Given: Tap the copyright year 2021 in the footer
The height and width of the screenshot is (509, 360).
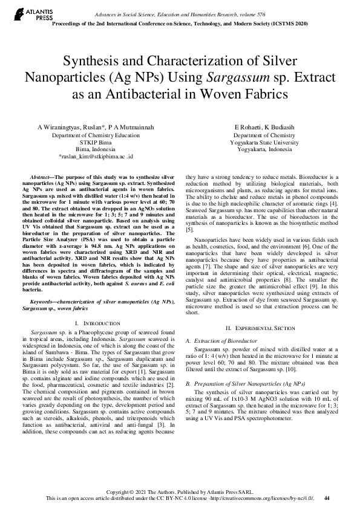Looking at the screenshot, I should (x=140, y=491).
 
